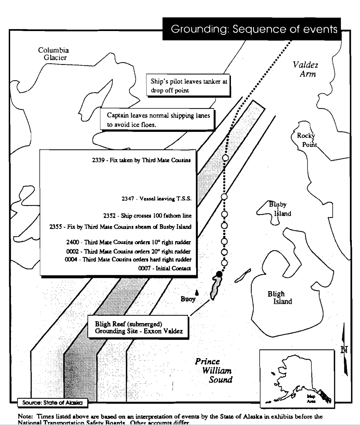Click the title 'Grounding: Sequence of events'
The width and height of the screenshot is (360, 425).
[254, 29]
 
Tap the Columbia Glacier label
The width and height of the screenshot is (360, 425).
[53, 54]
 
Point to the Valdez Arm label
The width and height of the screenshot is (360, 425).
[306, 69]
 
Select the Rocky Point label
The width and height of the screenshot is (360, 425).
[306, 140]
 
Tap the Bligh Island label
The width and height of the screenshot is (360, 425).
[279, 297]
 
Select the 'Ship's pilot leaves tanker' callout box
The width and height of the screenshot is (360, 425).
[189, 86]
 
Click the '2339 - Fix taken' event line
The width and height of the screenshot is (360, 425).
[141, 160]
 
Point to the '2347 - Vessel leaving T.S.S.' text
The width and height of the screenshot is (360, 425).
[157, 198]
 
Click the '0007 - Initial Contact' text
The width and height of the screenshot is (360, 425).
[165, 268]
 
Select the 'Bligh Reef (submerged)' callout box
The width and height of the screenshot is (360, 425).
[138, 327]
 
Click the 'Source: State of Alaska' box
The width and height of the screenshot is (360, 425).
[52, 403]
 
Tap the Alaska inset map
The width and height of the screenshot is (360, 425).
[297, 378]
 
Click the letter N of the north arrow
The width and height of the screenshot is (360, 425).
[344, 350]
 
